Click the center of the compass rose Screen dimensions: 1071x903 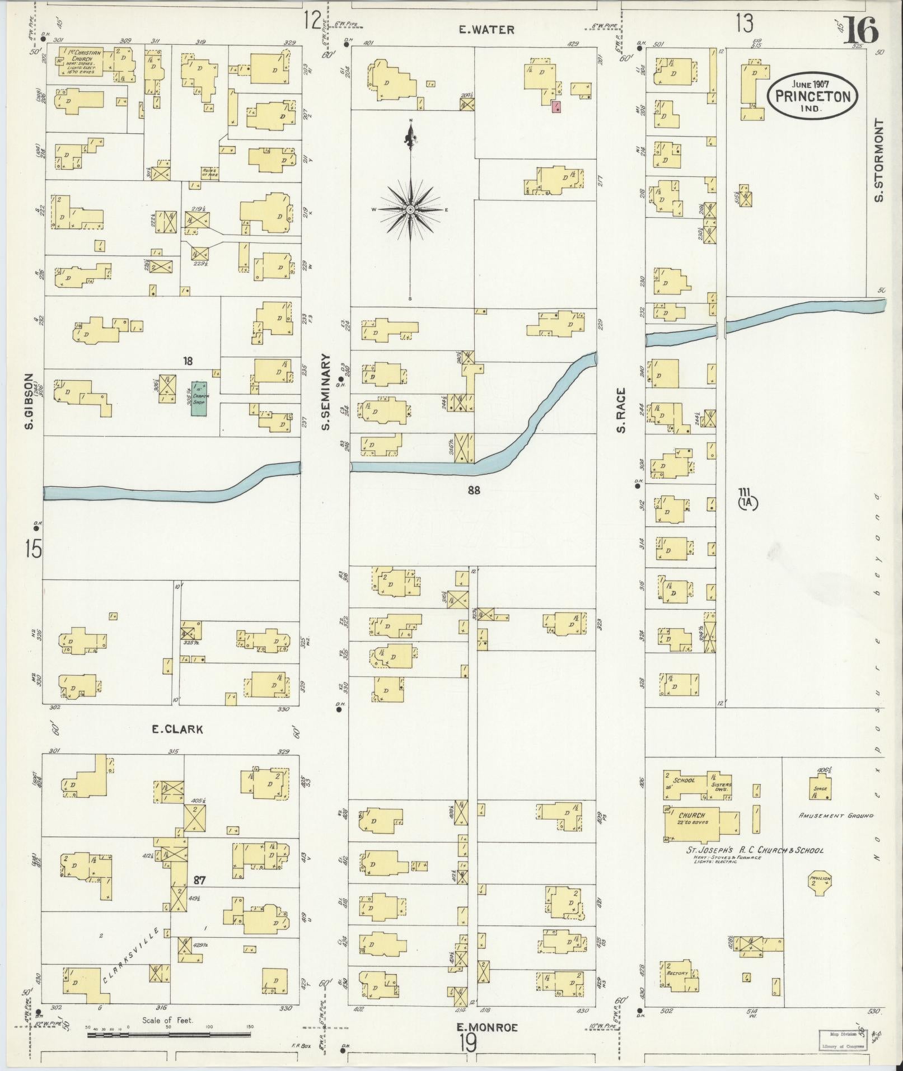(x=410, y=209)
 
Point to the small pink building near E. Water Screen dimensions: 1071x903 (x=556, y=107)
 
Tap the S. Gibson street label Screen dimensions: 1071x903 (x=30, y=402)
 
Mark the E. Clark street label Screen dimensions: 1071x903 (x=177, y=729)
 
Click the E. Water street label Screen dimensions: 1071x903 (x=486, y=30)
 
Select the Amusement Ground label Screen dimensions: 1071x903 (x=835, y=832)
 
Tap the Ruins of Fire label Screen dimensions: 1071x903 (x=210, y=173)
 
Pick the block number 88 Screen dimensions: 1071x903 (x=474, y=491)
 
